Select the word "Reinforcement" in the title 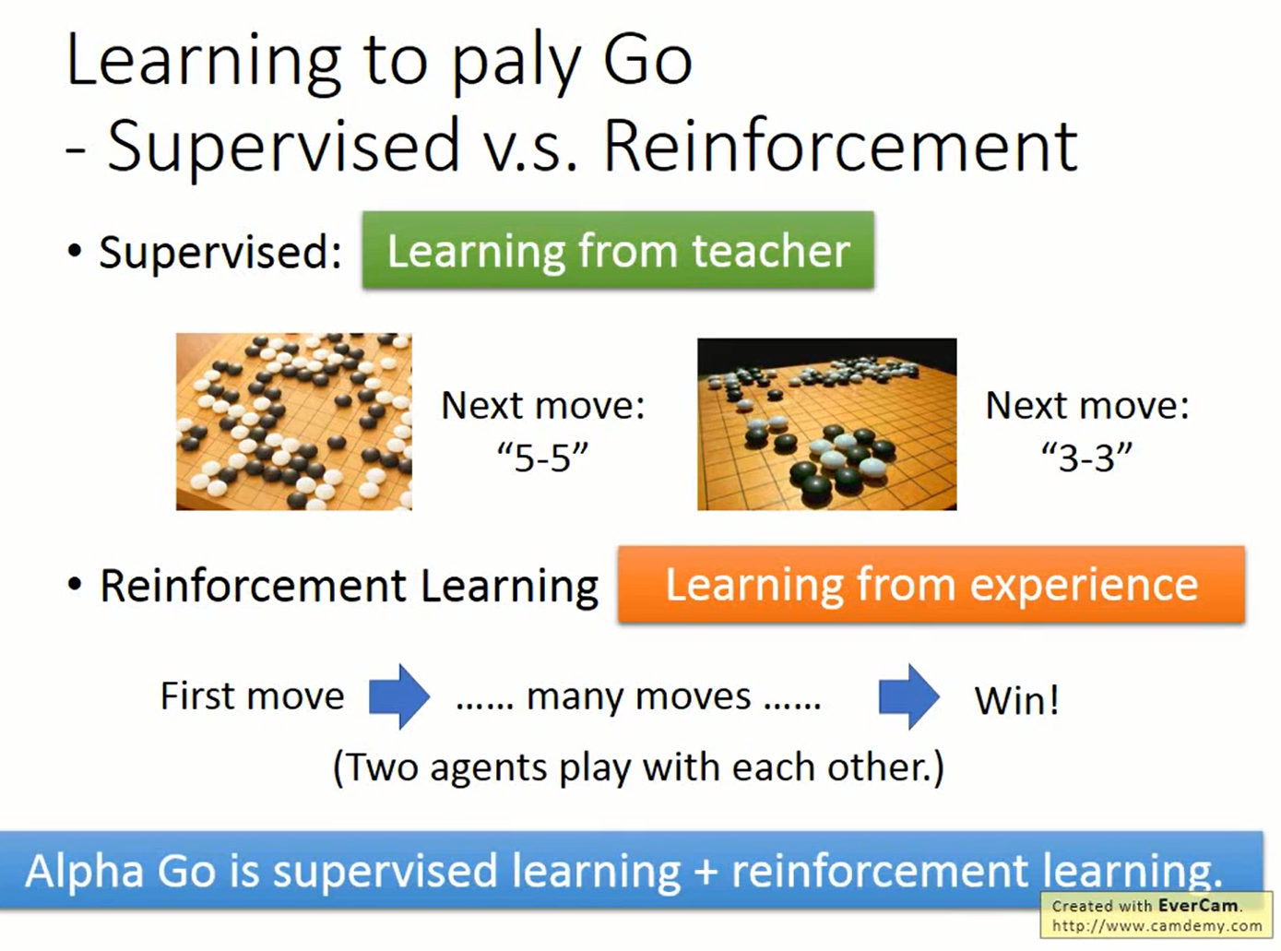pyautogui.click(x=839, y=146)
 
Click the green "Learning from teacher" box pyautogui.click(x=618, y=251)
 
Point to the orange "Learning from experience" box pyautogui.click(x=931, y=585)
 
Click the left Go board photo pyautogui.click(x=293, y=422)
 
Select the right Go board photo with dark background pyautogui.click(x=826, y=424)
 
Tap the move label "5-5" pyautogui.click(x=542, y=457)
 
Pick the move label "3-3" pyautogui.click(x=1086, y=457)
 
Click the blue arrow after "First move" pyautogui.click(x=398, y=696)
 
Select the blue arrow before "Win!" pyautogui.click(x=908, y=696)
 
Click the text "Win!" pyautogui.click(x=1016, y=700)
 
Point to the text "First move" pyautogui.click(x=252, y=696)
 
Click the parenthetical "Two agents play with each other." pyautogui.click(x=638, y=767)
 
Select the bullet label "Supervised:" pyautogui.click(x=219, y=252)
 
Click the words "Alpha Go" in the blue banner pyautogui.click(x=120, y=871)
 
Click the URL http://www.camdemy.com pyautogui.click(x=1156, y=926)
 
